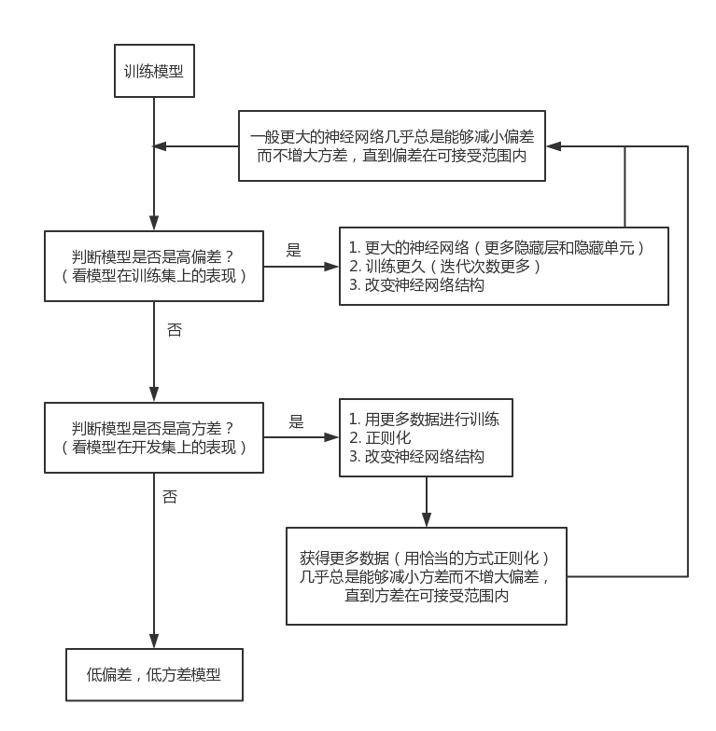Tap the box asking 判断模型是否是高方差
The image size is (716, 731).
[155, 437]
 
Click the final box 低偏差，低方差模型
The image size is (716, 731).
[154, 675]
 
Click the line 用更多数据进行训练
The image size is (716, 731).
[424, 420]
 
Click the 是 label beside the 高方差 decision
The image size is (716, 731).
[296, 422]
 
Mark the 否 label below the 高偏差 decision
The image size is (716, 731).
[174, 330]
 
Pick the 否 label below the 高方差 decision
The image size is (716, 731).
[170, 497]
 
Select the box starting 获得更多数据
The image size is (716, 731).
[426, 575]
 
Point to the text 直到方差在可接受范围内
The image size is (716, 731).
[427, 594]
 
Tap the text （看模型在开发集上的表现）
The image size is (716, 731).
[155, 448]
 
